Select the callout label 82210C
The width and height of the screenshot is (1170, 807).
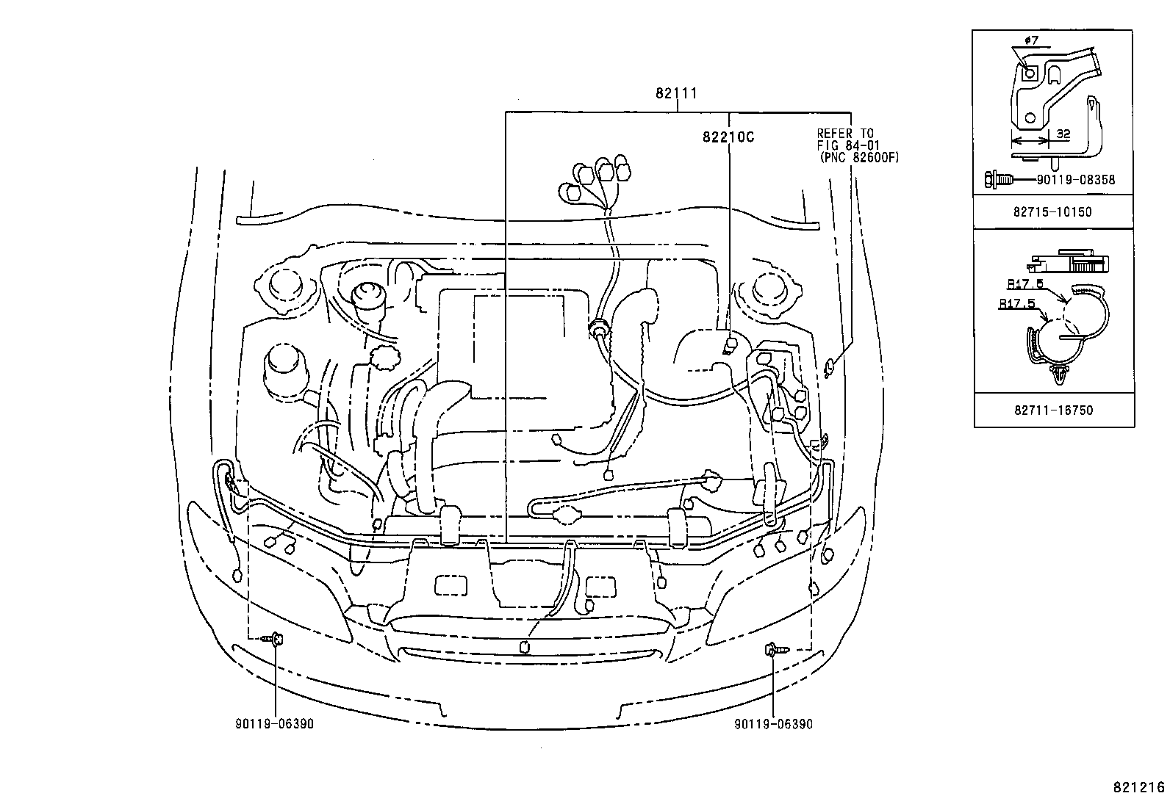[x=728, y=137]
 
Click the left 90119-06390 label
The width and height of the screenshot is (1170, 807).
[x=275, y=724]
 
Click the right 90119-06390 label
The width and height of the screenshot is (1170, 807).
[x=773, y=724]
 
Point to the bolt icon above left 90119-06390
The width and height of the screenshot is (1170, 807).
[x=274, y=640]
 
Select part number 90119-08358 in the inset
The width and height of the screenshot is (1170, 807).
[x=1078, y=178]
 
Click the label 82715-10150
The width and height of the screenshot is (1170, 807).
[x=1052, y=212]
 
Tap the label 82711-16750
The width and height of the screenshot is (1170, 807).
[x=1052, y=410]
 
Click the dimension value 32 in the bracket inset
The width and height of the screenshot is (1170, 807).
[x=1062, y=134]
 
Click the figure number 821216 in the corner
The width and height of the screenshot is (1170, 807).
[x=1138, y=787]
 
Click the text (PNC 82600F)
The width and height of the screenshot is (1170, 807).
[x=858, y=157]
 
